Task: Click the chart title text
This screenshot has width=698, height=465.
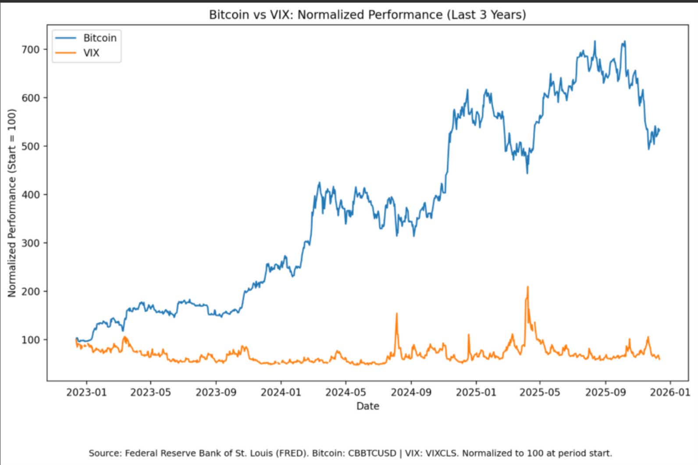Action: (x=367, y=15)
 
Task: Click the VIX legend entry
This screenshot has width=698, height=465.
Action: (x=91, y=53)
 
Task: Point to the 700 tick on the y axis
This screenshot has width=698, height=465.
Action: (x=31, y=50)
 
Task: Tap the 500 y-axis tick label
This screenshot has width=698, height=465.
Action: (x=31, y=146)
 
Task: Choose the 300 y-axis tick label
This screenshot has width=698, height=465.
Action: (x=31, y=243)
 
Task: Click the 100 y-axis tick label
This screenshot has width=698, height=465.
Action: (x=31, y=340)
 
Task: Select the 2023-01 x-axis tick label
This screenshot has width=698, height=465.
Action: (x=86, y=392)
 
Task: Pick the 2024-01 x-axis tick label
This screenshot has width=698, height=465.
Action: (x=281, y=392)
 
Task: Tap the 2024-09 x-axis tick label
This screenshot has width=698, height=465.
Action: (x=411, y=392)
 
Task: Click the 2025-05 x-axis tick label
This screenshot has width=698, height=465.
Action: (x=540, y=392)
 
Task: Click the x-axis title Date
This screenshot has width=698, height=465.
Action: (x=367, y=406)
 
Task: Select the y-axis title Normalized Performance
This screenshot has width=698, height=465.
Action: (x=12, y=203)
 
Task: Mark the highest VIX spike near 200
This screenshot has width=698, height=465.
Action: (x=527, y=287)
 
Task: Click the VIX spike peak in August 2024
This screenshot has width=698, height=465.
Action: (x=397, y=314)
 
